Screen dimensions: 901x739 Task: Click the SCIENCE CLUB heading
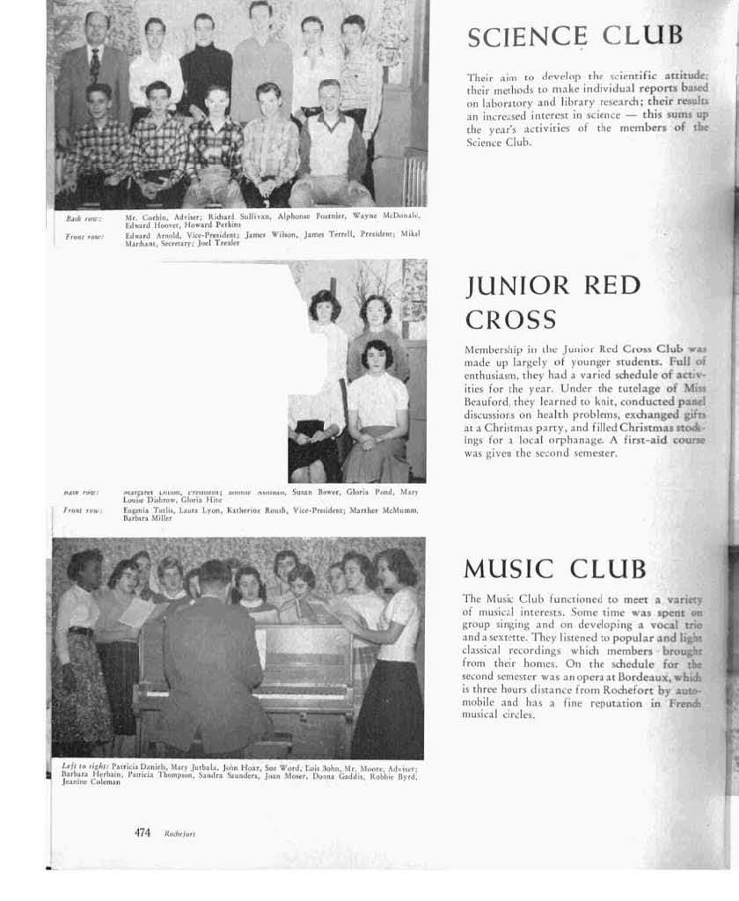pyautogui.click(x=574, y=36)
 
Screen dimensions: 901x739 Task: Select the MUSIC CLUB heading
pyautogui.click(x=554, y=568)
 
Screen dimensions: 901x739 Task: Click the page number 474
pyautogui.click(x=143, y=832)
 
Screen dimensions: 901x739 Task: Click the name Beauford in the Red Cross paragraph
pyautogui.click(x=489, y=401)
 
